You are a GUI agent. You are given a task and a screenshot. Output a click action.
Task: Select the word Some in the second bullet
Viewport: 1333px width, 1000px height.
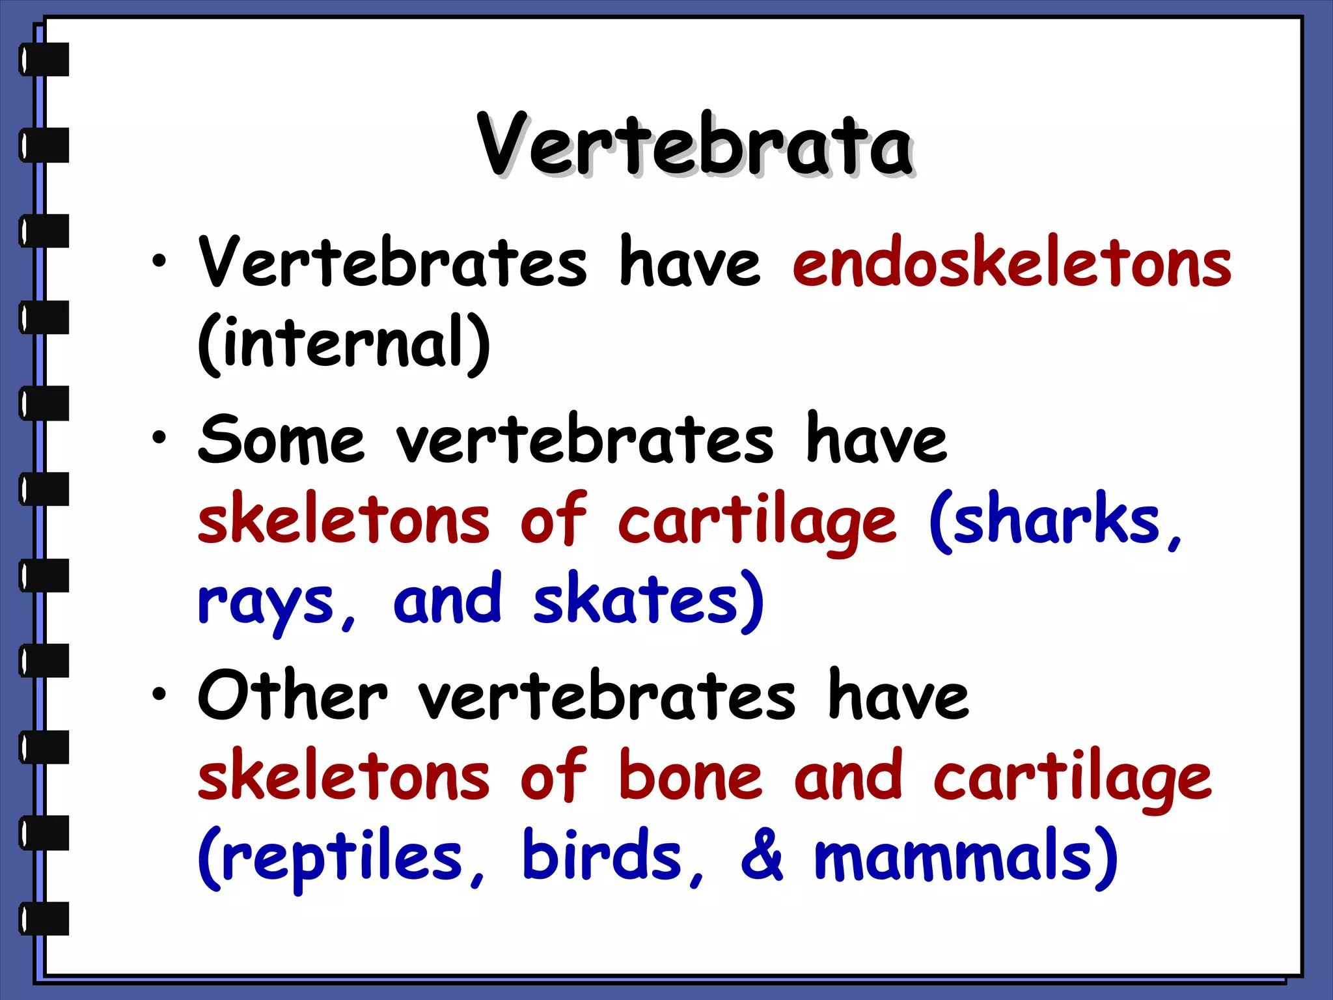pos(281,441)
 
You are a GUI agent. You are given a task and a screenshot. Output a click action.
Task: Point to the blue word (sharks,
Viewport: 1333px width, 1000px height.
pos(1054,521)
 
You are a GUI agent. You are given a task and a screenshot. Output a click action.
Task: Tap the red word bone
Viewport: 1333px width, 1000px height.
pos(690,777)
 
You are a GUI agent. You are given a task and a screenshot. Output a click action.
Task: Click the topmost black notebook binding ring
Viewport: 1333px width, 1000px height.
pos(44,59)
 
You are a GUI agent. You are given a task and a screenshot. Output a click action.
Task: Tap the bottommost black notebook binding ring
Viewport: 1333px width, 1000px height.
pos(44,919)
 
